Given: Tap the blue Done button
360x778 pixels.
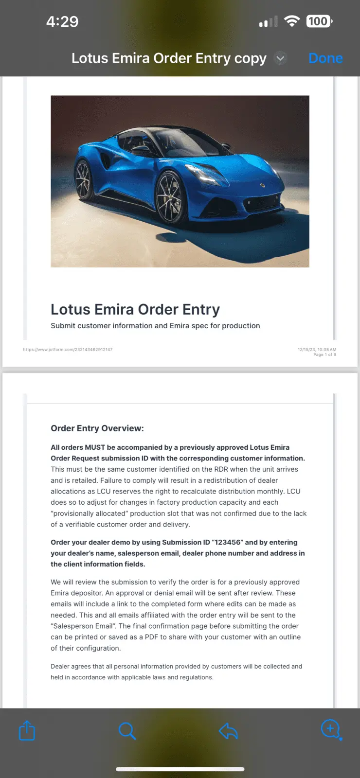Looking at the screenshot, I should (x=325, y=58).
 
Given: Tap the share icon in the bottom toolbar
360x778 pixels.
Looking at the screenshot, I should (x=27, y=730).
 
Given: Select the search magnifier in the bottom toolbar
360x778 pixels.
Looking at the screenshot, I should (x=127, y=730).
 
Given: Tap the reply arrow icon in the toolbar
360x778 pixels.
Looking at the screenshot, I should (x=228, y=730).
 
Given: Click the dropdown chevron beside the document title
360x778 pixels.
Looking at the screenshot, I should (x=280, y=58).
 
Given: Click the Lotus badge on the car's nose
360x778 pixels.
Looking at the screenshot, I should (x=263, y=185).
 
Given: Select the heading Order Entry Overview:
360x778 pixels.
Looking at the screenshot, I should (x=97, y=428).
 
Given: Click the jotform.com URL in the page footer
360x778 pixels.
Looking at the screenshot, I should (x=68, y=350).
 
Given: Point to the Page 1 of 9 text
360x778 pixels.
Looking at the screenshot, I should (x=324, y=355).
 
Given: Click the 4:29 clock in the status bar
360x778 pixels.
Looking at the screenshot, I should (x=62, y=21).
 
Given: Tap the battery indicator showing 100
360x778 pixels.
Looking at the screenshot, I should (x=319, y=21).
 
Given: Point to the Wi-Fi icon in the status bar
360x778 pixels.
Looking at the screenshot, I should (x=292, y=21).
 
